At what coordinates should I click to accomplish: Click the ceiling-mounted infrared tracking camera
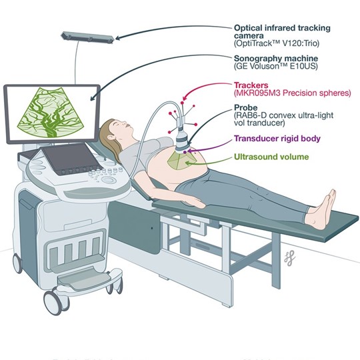coord(87,37)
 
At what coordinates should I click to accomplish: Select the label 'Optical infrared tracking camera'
coord(282,32)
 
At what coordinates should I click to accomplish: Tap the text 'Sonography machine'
coord(276,58)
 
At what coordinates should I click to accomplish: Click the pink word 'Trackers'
coord(251,85)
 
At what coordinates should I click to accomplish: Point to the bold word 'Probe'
coord(245,107)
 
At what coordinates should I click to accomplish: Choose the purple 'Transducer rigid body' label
coord(277,139)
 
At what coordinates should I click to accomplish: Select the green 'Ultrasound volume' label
coord(271,157)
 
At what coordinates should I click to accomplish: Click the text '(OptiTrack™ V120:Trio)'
coord(277,43)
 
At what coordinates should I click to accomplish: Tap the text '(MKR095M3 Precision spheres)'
coord(293,93)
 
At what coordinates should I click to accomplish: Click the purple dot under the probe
coord(185,152)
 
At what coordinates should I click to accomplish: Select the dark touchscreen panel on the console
coord(72,159)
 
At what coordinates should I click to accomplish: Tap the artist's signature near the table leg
coord(289,258)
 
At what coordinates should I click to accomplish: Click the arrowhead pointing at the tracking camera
coord(117,37)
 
